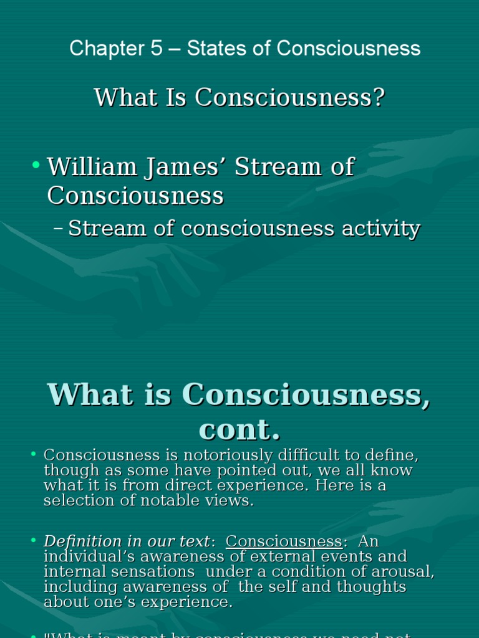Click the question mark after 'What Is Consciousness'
pos(377,98)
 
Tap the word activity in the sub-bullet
pos(380,229)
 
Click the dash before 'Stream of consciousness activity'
pos(59,229)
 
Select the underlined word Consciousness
pos(284,541)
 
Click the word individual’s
pos(87,556)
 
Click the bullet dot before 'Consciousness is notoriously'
pos(34,454)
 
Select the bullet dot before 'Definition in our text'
pos(34,541)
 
